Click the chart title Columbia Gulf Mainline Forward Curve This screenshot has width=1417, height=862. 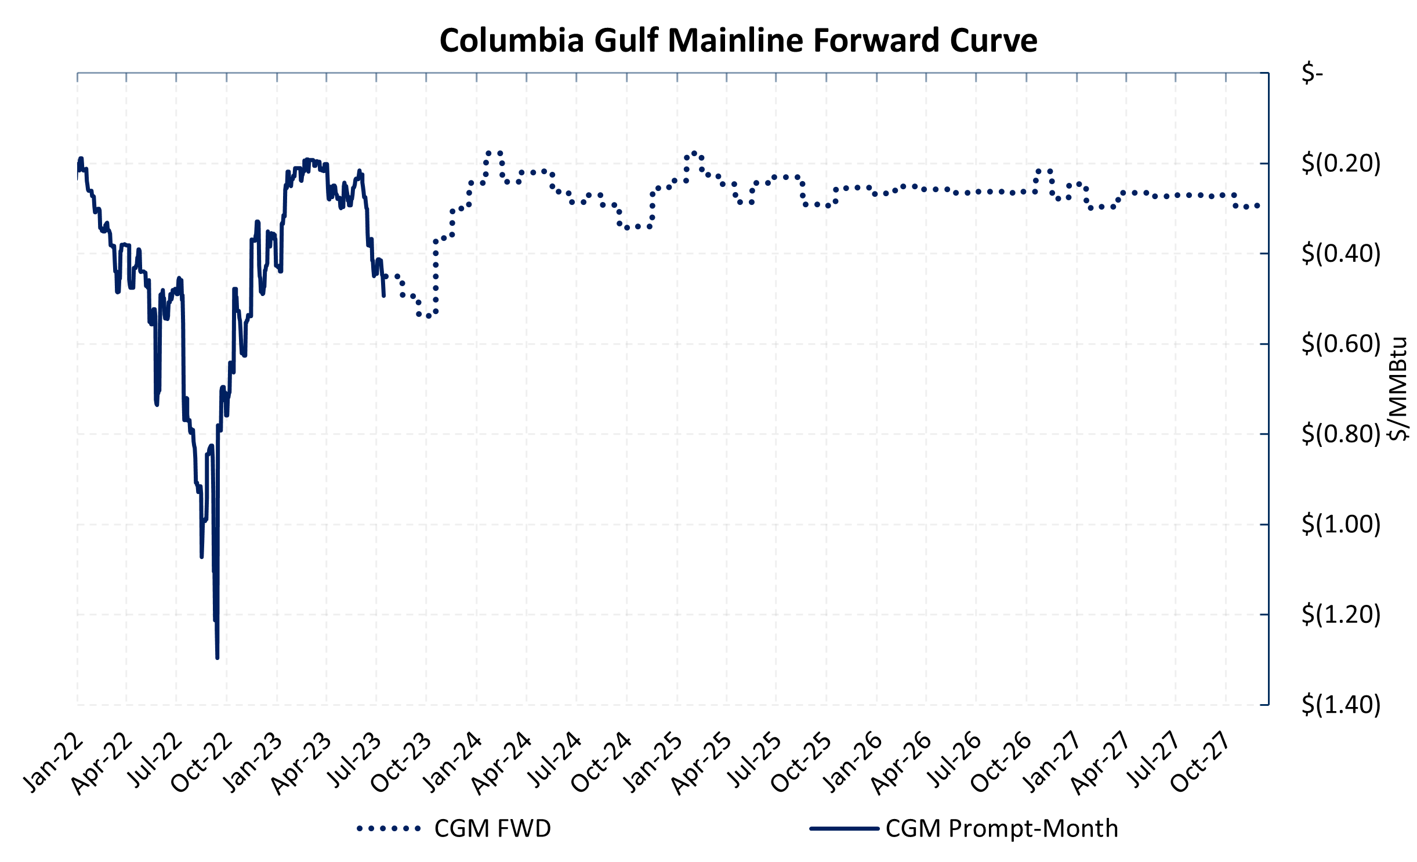(x=738, y=41)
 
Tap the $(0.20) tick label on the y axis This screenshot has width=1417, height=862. (x=1340, y=163)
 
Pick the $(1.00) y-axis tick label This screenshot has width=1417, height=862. (x=1340, y=524)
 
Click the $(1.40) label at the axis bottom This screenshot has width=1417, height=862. (x=1340, y=705)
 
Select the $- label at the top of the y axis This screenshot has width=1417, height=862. (x=1312, y=73)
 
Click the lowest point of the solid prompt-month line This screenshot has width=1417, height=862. (x=217, y=658)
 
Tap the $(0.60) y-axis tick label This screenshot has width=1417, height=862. (x=1340, y=344)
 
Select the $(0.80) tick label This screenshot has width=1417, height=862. (x=1340, y=434)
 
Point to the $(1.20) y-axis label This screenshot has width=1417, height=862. (x=1340, y=614)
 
